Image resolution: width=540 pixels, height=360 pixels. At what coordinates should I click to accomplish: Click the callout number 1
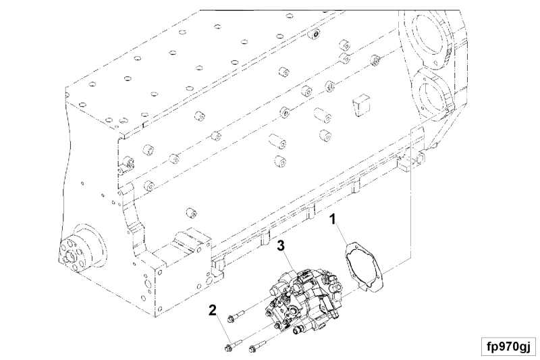tap(332, 220)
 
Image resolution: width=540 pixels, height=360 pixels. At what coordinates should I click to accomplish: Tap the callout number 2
tap(213, 311)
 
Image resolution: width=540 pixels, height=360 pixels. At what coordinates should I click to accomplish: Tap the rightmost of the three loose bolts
tap(256, 349)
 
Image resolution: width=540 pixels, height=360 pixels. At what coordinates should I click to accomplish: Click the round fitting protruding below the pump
tap(298, 331)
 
